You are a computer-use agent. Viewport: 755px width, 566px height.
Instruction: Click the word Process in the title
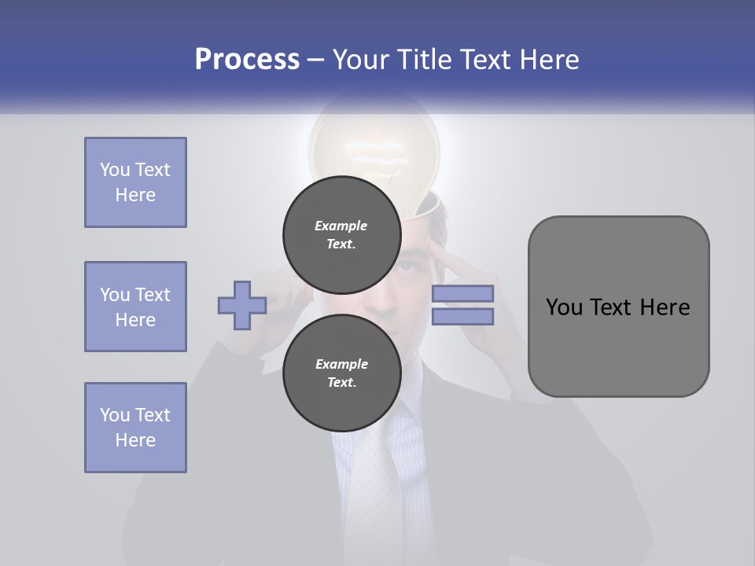[x=247, y=60]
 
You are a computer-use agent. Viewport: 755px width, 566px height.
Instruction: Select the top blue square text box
[x=135, y=182]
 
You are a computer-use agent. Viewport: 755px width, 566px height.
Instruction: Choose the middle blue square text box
[x=135, y=307]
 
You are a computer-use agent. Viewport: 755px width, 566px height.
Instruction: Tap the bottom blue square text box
[x=135, y=428]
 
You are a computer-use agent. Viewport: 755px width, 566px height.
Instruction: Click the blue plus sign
[x=242, y=306]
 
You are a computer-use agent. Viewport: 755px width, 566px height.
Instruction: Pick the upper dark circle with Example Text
[x=341, y=234]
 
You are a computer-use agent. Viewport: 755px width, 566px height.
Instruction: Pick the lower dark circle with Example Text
[x=341, y=373]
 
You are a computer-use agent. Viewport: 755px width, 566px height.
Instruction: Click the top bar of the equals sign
[x=462, y=294]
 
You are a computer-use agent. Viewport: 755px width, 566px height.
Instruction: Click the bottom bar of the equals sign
[x=462, y=317]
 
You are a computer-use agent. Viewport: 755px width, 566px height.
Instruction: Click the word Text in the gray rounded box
[x=612, y=307]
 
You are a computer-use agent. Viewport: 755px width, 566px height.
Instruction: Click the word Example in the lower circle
[x=341, y=364]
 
